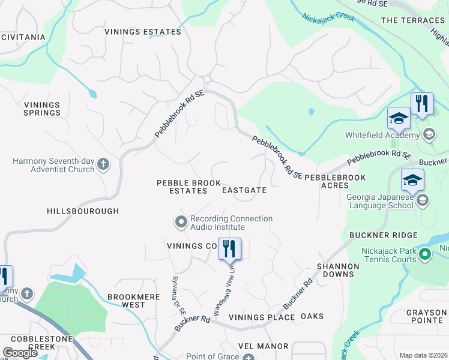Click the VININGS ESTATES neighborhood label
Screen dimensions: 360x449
pos(142,32)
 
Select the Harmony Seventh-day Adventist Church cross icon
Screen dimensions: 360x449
pos(103,164)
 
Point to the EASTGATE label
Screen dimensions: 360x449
pos(244,190)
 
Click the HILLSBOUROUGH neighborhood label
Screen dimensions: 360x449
pos(83,211)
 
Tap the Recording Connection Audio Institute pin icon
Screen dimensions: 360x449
pos(181,223)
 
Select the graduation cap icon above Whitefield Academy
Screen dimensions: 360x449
pos(398,118)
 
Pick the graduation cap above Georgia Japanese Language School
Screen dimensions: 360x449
pos(412,180)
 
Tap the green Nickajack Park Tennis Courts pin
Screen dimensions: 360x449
pos(425,255)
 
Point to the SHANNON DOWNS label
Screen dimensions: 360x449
pos(338,270)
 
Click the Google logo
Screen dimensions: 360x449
pos(20,353)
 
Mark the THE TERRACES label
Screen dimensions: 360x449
pos(413,20)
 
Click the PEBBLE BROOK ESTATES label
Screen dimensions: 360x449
pos(182,187)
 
